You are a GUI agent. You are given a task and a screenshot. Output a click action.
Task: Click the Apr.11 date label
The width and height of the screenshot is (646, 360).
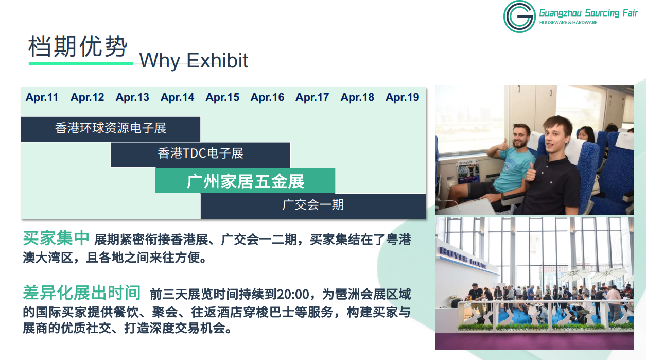click(x=42, y=97)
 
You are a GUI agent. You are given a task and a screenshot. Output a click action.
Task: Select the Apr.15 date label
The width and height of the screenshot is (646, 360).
click(x=222, y=97)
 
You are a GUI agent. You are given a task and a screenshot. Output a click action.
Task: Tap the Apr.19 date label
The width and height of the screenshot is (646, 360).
click(x=403, y=97)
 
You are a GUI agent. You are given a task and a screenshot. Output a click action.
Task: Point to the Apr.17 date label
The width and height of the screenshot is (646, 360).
click(x=312, y=97)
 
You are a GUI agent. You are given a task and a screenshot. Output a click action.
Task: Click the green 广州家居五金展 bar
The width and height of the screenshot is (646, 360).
click(x=245, y=181)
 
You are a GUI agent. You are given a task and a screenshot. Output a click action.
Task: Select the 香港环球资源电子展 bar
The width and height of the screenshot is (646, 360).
click(x=111, y=129)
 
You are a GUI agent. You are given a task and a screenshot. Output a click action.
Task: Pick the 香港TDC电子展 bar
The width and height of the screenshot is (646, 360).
click(x=200, y=155)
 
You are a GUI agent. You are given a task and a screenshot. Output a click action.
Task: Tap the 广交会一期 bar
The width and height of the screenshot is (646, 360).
click(x=313, y=206)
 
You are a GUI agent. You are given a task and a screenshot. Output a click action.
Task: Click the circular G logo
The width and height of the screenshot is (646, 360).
click(x=519, y=16)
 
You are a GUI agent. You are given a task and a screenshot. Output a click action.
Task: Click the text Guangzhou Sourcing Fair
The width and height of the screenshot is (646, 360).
click(x=589, y=13)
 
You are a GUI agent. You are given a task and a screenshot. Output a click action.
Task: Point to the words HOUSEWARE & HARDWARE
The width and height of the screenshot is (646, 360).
click(x=568, y=23)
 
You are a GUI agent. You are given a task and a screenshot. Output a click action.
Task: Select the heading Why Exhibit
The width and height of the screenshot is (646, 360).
click(x=194, y=61)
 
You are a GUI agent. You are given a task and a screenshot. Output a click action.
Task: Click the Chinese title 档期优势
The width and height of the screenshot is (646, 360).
click(x=78, y=46)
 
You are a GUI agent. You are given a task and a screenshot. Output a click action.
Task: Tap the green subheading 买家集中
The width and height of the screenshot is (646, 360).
click(x=56, y=238)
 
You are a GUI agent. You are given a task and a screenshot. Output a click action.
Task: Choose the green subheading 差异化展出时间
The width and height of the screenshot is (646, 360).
click(x=82, y=293)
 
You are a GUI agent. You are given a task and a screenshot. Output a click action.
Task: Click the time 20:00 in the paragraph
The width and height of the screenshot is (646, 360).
click(x=293, y=294)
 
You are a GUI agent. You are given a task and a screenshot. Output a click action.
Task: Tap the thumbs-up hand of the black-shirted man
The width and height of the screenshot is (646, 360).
click(x=531, y=172)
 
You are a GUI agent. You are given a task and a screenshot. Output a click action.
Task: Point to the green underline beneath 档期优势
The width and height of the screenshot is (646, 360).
click(x=81, y=63)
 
